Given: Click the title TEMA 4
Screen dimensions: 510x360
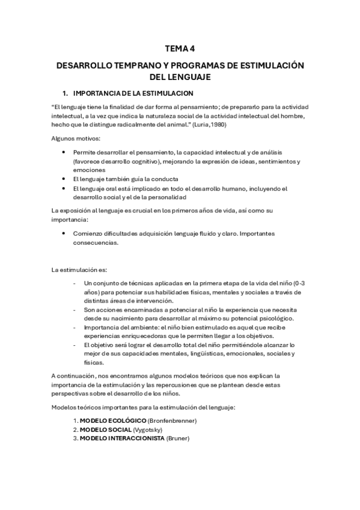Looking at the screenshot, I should click(x=180, y=51).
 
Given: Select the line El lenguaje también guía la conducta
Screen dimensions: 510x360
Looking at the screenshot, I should click(x=125, y=179).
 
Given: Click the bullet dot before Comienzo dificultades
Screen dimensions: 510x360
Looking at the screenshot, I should click(x=64, y=233).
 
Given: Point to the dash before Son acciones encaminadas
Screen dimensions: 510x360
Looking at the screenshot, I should click(x=74, y=309).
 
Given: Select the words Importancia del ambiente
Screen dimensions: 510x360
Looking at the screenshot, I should click(x=117, y=327).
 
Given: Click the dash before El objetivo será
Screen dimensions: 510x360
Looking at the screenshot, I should click(x=74, y=345).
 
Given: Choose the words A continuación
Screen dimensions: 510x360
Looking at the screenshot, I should click(x=73, y=376).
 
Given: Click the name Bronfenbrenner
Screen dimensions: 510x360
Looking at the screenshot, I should click(x=172, y=420).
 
